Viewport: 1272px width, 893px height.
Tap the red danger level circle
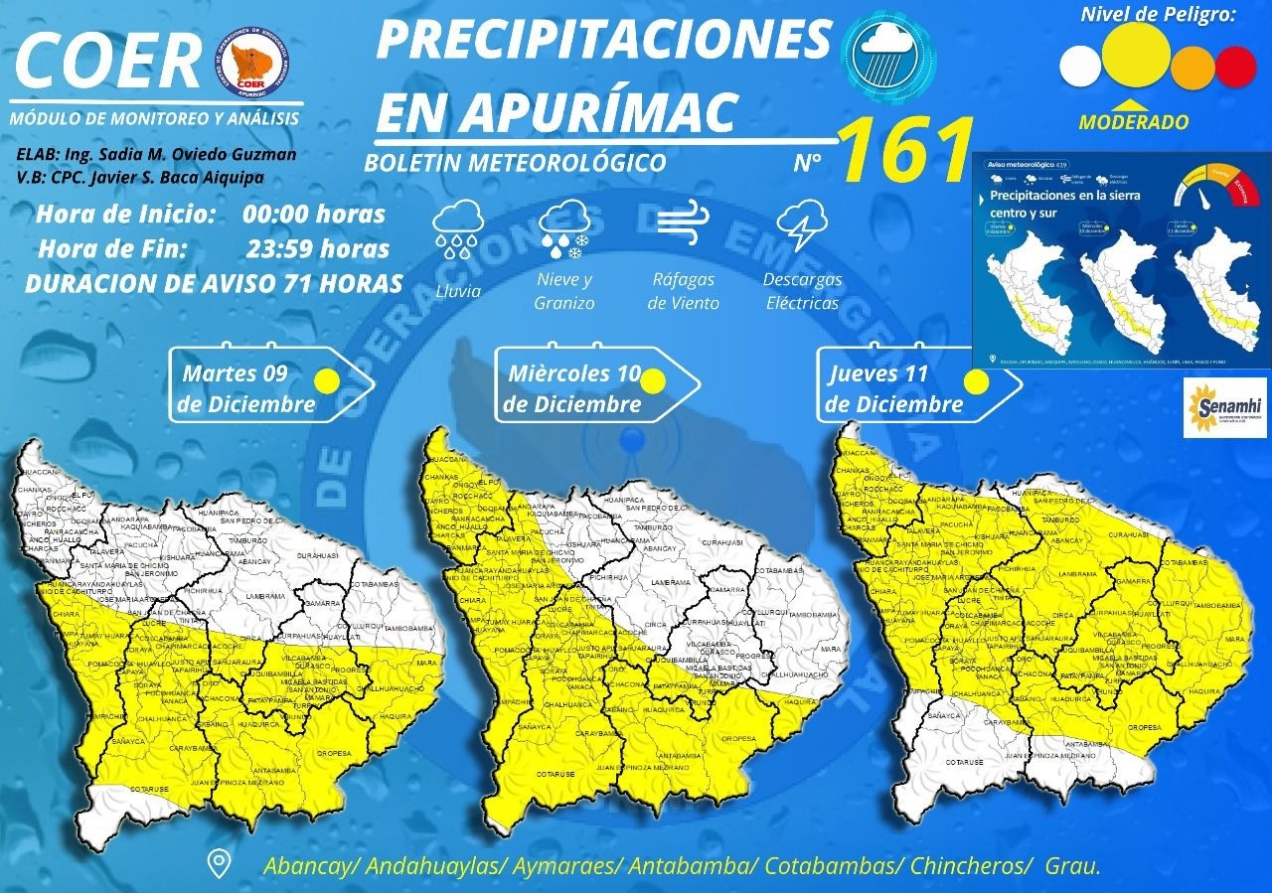coord(1237,67)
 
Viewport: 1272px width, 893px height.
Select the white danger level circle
coord(1080,67)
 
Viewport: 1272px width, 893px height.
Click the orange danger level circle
coord(1192,67)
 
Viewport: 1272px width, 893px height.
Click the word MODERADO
coord(1134,122)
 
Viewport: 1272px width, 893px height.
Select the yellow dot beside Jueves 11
coord(976,380)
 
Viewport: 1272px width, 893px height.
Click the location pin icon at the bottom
coord(219,863)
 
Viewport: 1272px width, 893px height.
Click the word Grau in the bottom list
coord(1071,865)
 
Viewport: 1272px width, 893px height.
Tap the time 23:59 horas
coord(317,249)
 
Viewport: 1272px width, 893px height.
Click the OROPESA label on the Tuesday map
coord(333,752)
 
